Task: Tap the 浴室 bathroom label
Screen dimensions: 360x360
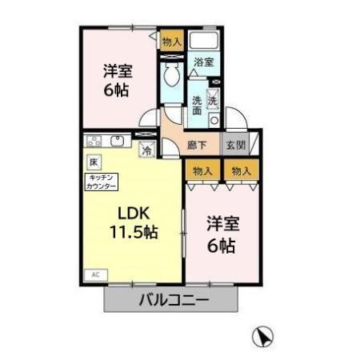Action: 203,62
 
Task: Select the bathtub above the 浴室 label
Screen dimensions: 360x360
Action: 206,42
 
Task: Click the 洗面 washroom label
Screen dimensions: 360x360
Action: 197,106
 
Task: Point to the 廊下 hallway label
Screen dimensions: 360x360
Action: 197,146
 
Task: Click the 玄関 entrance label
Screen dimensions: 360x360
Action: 235,146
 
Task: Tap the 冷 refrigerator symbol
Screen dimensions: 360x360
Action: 147,148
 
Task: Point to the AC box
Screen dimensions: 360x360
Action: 94,274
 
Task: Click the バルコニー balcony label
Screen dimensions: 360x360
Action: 174,302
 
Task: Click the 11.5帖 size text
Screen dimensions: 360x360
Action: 133,233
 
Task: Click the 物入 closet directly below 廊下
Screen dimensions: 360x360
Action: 202,170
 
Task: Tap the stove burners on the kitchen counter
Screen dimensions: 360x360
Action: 95,142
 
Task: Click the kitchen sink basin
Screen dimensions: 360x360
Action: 118,142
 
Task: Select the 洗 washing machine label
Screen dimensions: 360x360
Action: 213,101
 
